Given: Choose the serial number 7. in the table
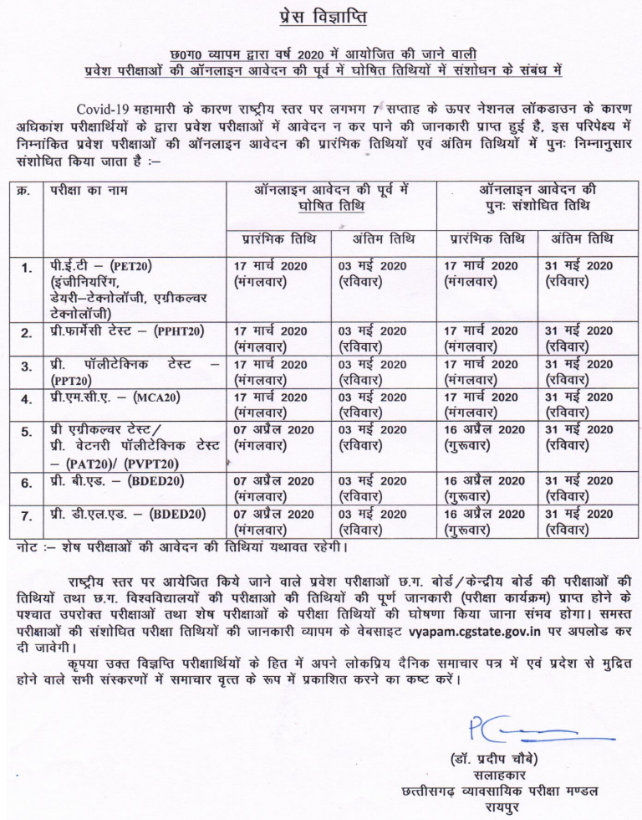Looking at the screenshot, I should pyautogui.click(x=27, y=515).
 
